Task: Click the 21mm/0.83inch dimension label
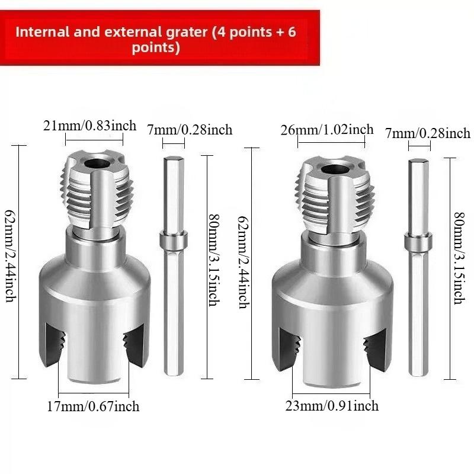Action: click(89, 126)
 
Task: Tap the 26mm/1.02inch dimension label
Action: click(327, 130)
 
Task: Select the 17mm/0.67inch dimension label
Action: click(94, 406)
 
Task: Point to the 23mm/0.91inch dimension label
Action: click(332, 406)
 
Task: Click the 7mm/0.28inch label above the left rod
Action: click(189, 129)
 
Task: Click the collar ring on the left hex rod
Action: click(173, 241)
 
